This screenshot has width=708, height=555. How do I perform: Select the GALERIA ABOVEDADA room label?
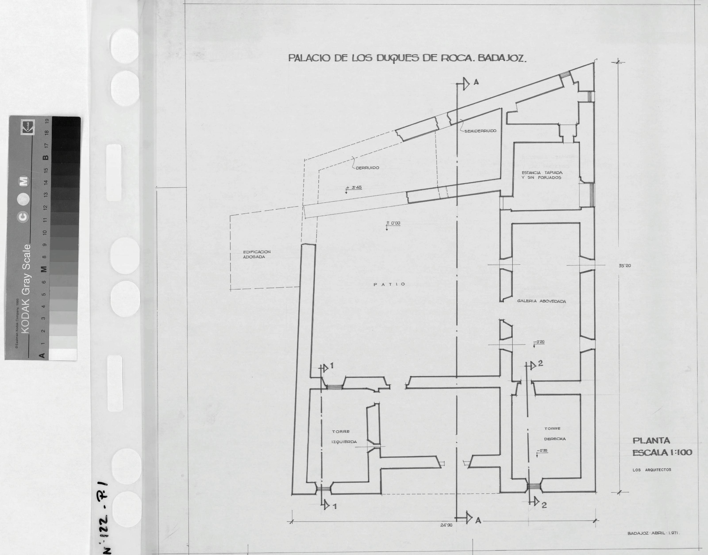point(541,301)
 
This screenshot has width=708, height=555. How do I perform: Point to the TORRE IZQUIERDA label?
point(344,437)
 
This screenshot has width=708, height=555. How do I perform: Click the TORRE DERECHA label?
point(555,434)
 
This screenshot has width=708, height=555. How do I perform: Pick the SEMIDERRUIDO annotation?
point(480,131)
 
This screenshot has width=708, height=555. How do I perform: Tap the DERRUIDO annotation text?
point(367,168)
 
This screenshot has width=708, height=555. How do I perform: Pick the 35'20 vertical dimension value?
point(625,266)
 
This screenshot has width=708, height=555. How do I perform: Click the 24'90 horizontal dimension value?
point(446,525)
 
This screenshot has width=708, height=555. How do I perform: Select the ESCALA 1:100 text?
point(662,452)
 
